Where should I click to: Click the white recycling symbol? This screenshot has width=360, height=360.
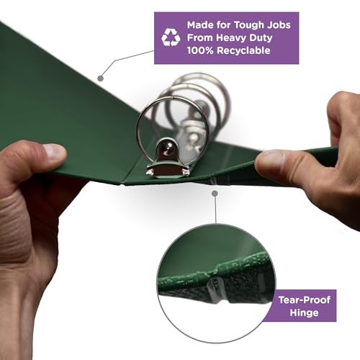pos(171,37)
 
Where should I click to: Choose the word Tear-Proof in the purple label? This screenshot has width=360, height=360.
pos(305,300)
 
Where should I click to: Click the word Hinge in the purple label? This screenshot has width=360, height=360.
pos(304,313)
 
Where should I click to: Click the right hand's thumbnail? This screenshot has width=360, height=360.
pos(269,160)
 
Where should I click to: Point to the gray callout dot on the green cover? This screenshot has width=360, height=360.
pos(101,78)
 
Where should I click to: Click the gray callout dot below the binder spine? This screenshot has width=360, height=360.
pos(215,193)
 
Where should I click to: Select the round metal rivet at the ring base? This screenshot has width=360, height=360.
pos(167,149)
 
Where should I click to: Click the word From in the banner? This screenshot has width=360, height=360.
pos(200,38)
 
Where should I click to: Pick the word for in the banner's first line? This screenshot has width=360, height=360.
pos(224,25)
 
